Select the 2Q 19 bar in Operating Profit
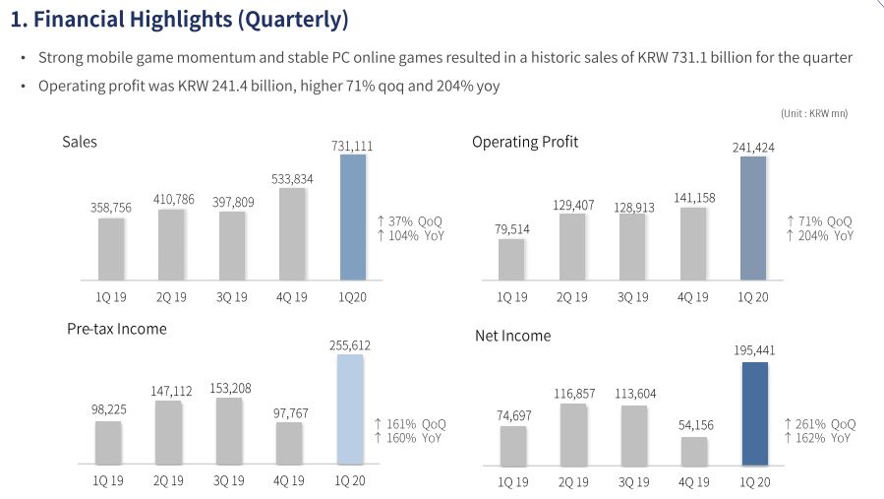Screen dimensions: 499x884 (573, 246)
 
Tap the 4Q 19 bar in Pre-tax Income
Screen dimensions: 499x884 (289, 443)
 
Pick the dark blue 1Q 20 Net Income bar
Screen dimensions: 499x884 (754, 413)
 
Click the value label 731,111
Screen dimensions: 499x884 (351, 146)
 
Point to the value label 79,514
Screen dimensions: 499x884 (510, 229)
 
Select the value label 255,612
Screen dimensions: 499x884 (349, 345)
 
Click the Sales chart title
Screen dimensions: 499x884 (80, 142)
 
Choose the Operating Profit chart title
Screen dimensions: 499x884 (525, 142)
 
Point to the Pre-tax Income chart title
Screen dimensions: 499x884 (116, 329)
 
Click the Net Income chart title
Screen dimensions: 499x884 (512, 336)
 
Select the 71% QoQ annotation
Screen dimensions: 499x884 (820, 221)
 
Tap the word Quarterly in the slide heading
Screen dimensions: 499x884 (292, 19)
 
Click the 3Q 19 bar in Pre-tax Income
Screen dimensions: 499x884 (228, 431)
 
